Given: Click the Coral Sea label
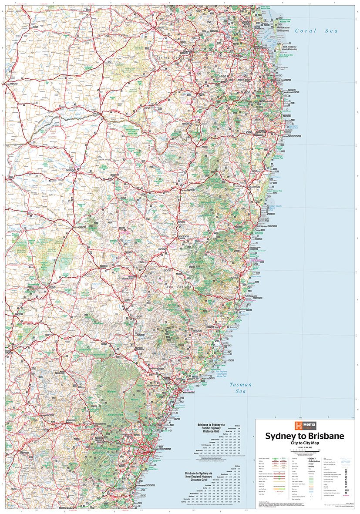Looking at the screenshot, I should (x=316, y=31).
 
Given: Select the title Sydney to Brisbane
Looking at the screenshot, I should (x=305, y=436).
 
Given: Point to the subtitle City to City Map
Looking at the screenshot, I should (x=305, y=443).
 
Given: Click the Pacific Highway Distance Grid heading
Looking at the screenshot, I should (x=209, y=429).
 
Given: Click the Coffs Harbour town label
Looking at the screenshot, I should (x=264, y=227).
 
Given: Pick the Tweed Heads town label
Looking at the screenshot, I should (x=288, y=92).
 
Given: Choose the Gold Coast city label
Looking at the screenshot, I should (x=288, y=81).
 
